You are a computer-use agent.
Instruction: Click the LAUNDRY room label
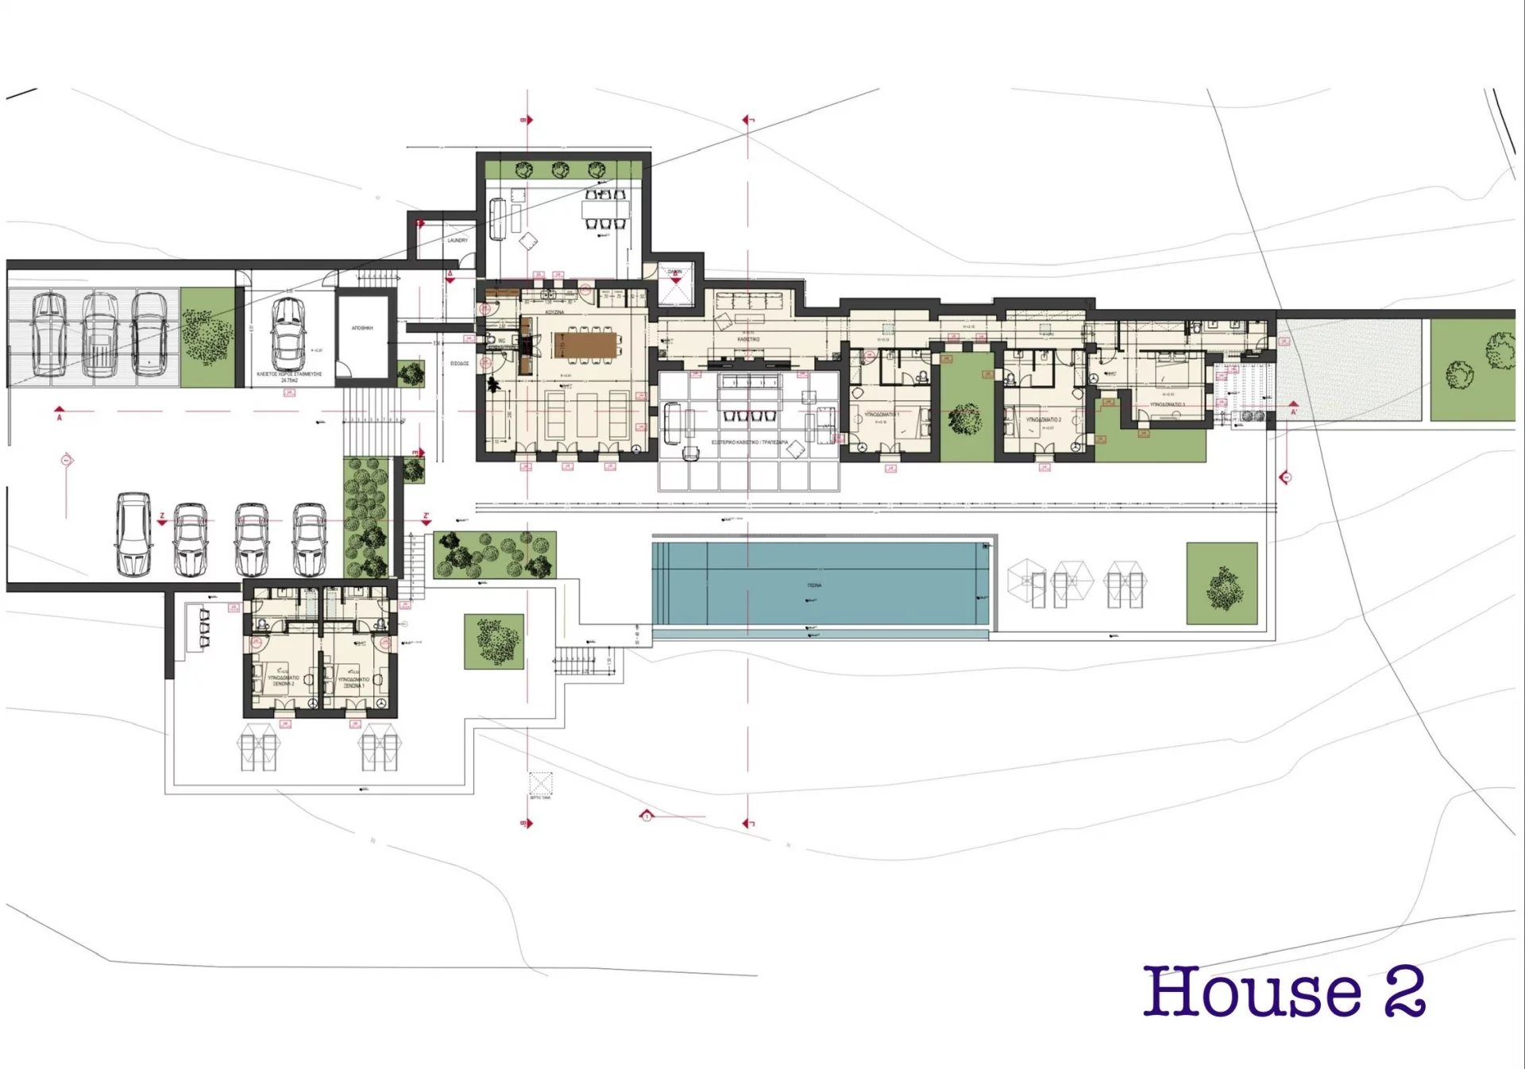coord(457,240)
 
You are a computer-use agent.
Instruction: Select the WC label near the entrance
coord(501,341)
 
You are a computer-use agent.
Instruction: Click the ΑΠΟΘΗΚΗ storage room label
coord(362,328)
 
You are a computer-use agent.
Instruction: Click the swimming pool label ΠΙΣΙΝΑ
coord(814,585)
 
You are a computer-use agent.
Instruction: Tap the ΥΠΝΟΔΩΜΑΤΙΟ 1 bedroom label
coord(882,415)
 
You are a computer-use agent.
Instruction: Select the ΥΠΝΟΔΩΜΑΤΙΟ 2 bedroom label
coord(1043,419)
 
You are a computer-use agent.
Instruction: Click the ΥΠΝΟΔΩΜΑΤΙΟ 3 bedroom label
coord(1167,404)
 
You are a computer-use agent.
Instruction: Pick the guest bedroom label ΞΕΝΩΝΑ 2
coord(284,681)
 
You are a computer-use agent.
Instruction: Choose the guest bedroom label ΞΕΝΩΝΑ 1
coord(353,682)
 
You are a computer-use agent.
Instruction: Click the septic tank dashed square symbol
coord(540,783)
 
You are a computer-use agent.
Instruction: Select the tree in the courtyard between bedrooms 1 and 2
coord(965,419)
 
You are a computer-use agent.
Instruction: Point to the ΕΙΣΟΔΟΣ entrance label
coord(459,363)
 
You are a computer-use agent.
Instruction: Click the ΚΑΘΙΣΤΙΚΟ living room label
coord(747,339)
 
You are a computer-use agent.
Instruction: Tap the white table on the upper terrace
coord(606,211)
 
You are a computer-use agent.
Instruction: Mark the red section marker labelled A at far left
coord(60,414)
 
